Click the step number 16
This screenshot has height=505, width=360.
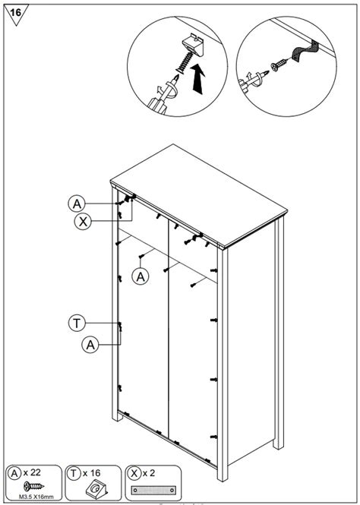(15, 13)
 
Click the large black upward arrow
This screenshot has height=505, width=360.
(198, 80)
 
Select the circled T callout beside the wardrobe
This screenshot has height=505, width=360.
(76, 323)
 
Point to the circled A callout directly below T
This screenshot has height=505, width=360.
(90, 344)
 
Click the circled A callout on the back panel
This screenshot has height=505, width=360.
(141, 277)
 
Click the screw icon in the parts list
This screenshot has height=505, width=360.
(32, 487)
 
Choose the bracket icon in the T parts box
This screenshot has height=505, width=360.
(94, 489)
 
